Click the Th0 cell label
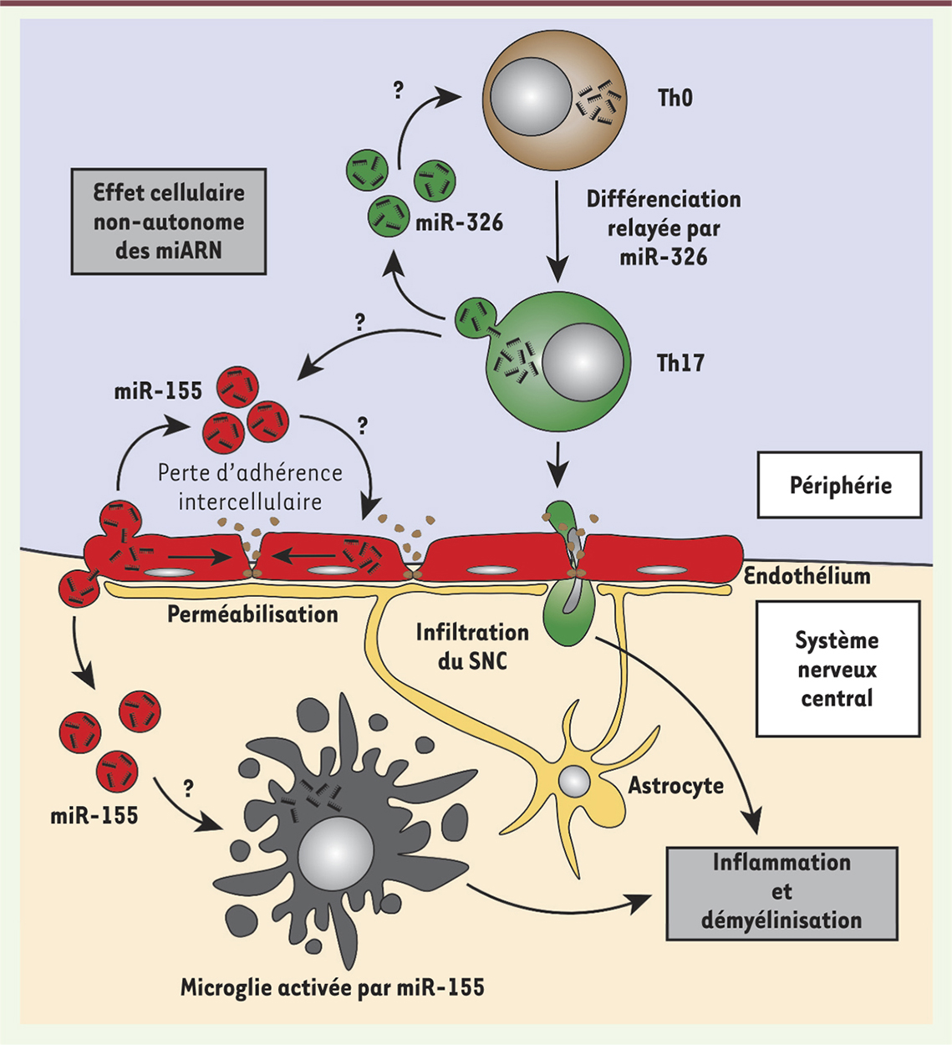(675, 99)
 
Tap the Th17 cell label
(680, 363)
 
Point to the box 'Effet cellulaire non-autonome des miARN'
(169, 222)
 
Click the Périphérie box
(840, 486)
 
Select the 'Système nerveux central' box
(837, 669)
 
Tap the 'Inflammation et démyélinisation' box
(781, 891)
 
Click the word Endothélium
(807, 576)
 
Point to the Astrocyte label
(675, 786)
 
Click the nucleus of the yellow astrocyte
(574, 781)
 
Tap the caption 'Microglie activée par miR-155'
(332, 987)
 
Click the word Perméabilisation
(252, 614)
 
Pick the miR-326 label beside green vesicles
(459, 223)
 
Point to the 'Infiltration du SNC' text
(472, 646)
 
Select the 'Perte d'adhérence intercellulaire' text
(250, 487)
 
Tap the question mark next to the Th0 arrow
(398, 90)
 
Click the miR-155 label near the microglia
(94, 815)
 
